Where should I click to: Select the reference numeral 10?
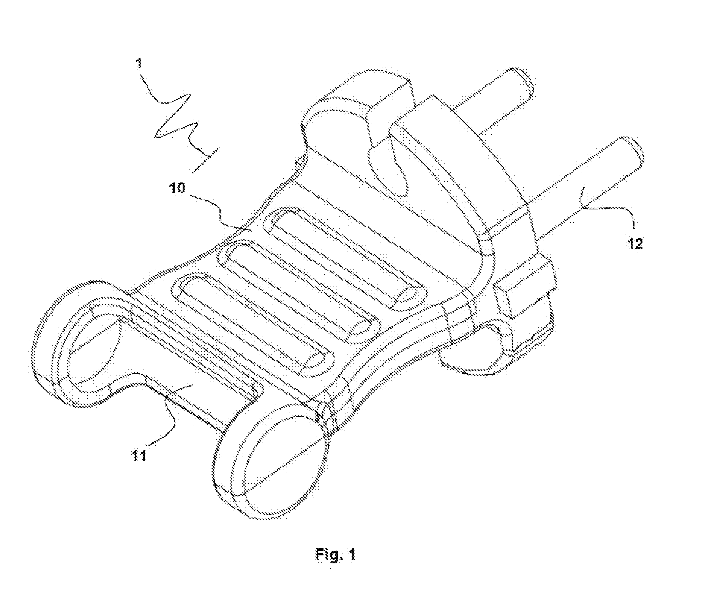pos(178,188)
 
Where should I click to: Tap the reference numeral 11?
pos(140,455)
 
